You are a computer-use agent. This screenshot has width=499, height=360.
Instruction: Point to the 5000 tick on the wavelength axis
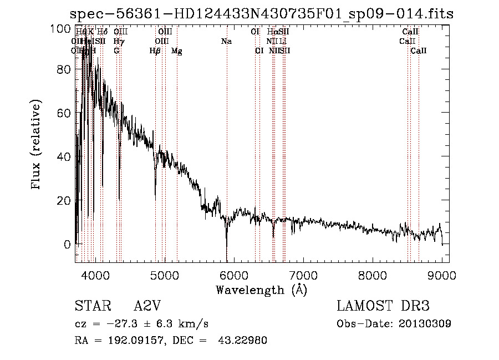164,275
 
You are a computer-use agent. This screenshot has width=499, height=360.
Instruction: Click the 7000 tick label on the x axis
303,275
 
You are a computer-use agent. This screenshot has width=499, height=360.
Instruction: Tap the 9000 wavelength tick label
442,275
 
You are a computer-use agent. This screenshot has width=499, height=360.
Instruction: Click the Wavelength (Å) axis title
261,290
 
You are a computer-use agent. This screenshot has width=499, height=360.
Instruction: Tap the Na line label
226,42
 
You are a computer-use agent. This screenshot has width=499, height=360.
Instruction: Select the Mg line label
177,51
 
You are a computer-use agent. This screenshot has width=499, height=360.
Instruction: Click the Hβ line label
155,51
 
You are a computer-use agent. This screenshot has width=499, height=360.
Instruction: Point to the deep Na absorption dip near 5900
226,252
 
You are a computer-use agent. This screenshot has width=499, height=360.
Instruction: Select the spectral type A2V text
148,306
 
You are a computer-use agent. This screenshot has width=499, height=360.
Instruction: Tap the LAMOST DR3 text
383,306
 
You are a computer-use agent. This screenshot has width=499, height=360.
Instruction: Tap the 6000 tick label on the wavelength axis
233,275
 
